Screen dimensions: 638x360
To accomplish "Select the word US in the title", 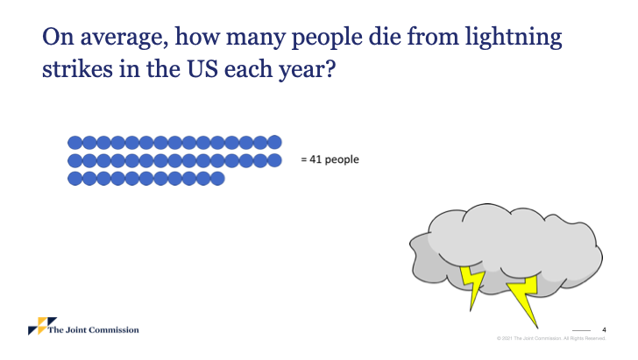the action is pos(202,69).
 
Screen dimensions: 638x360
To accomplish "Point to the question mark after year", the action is pos(330,69).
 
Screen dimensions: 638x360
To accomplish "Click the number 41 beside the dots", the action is pos(315,159).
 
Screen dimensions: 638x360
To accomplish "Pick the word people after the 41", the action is pos(342,160).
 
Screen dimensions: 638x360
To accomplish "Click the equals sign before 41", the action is pos(303,159).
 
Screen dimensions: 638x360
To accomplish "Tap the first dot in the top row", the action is pos(74,143).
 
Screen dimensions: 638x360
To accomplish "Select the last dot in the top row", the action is pos(274,143).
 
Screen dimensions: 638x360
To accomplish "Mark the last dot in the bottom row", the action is pos(217,179).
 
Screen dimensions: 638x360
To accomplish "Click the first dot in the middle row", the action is pos(74,160).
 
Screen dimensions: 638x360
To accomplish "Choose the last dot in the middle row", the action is pos(274,160).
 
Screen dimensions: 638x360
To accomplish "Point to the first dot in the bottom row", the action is pos(74,179).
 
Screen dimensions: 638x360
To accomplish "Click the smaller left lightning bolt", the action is pos(473,285).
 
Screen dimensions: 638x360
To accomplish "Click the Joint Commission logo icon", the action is pos(42,326).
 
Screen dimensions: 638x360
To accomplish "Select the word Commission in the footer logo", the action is pos(114,330).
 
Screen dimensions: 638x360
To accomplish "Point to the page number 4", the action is pos(604,330).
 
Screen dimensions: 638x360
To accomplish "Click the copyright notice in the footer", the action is pos(551,338).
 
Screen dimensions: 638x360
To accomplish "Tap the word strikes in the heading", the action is pos(77,69).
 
